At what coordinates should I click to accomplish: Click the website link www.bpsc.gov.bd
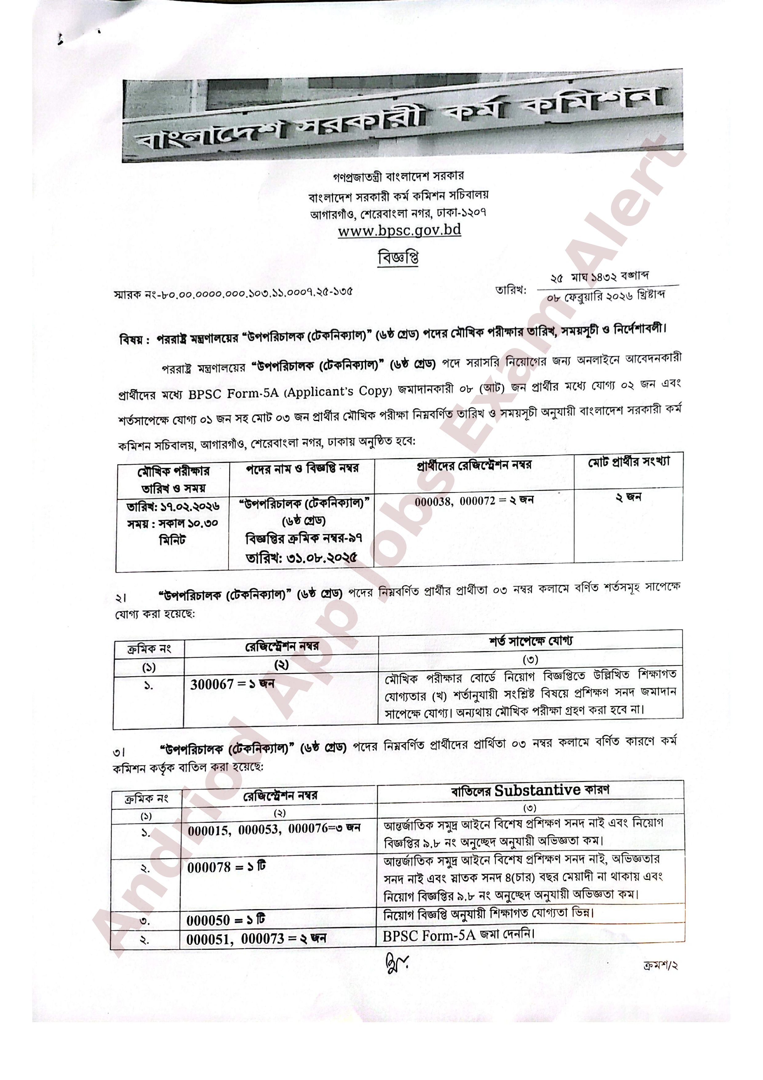[x=399, y=231]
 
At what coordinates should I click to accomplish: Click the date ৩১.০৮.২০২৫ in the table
[x=301, y=558]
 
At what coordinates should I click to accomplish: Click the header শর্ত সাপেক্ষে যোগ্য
[x=530, y=641]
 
